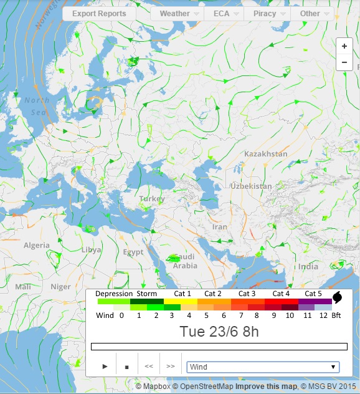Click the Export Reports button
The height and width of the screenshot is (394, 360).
pos(99,13)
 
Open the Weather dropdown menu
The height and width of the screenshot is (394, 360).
pos(179,13)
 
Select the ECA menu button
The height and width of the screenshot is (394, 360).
pos(225,13)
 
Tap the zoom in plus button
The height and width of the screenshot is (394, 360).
pos(344,46)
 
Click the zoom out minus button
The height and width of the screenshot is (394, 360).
pos(344,62)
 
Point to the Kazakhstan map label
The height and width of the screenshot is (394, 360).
pos(266,154)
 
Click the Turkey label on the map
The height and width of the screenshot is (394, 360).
pos(152,198)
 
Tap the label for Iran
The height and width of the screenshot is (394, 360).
pos(220,227)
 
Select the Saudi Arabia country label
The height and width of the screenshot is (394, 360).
pos(185,261)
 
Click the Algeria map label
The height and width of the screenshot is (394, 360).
pos(36,245)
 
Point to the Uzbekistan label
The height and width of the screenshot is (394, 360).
pos(251,186)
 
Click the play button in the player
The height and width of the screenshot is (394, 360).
pos(105,367)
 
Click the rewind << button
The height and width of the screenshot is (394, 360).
pos(149,367)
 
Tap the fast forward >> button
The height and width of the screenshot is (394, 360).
pos(171,367)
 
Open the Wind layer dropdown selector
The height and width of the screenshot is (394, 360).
pos(263,367)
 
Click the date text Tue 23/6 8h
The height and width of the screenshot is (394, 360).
pos(219,331)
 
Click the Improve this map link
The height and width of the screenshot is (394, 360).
pos(262,387)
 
